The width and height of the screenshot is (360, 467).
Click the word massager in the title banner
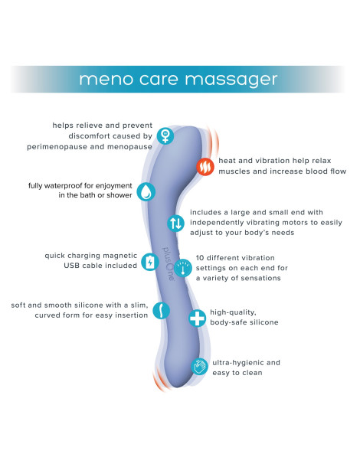point(231,80)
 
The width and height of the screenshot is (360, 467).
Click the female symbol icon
point(165,136)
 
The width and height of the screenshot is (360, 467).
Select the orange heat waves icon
point(205,167)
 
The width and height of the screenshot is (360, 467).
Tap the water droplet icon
point(146,191)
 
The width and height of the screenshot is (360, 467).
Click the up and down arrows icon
point(175,223)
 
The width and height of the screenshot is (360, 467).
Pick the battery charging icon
point(149,262)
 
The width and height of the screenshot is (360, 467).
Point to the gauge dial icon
point(182,268)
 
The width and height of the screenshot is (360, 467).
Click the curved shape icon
point(161,310)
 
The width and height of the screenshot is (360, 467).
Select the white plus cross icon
point(198,318)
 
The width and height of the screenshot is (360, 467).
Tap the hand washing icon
point(199,367)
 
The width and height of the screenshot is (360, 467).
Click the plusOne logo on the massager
point(168,263)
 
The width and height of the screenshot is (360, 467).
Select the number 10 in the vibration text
point(200,258)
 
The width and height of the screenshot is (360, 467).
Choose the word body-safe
point(227,322)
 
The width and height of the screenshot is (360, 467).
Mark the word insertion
point(131,315)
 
